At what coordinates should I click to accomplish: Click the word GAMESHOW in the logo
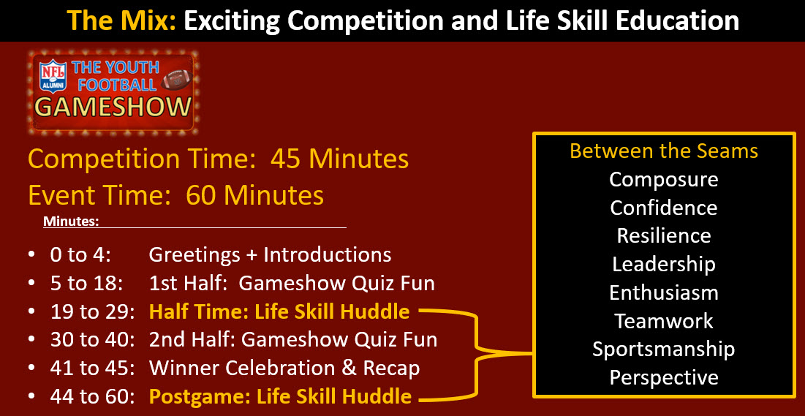coord(113,107)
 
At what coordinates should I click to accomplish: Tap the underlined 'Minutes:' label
coord(71,222)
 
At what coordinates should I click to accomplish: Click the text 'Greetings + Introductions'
coord(270,254)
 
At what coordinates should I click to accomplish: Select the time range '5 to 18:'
coord(86,283)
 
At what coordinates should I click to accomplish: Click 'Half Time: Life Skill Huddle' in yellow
coord(279,311)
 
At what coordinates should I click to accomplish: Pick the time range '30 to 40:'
coord(92,339)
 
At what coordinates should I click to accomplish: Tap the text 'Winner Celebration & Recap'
coord(284,368)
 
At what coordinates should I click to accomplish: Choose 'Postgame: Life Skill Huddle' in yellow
coord(280,396)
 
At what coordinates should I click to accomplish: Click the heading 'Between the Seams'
coord(664,151)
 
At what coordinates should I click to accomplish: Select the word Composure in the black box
coord(664,180)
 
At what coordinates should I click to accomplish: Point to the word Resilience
coord(664,235)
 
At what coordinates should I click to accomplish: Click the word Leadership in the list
coord(664,265)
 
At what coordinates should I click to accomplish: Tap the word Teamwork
coord(664,321)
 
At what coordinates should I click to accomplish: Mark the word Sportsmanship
coord(664,349)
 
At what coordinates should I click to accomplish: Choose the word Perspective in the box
coord(664,377)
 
